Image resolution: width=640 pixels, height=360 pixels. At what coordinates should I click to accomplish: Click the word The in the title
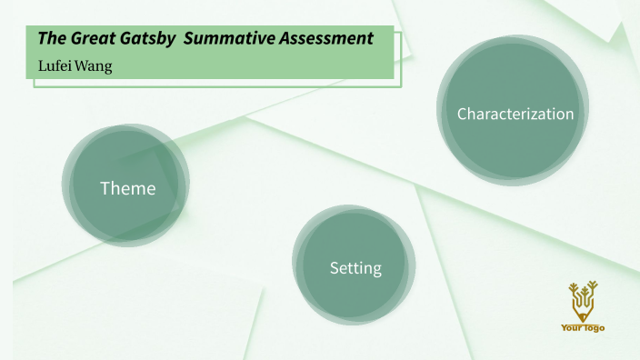tap(51, 39)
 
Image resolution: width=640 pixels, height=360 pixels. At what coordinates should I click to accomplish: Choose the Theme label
tap(127, 189)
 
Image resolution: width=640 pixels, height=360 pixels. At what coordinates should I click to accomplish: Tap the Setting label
tap(355, 268)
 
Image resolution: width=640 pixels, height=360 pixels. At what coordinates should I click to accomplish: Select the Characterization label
tap(515, 115)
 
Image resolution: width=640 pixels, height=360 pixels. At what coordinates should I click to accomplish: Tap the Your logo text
tap(583, 327)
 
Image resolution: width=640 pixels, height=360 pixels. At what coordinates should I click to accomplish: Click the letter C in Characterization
tap(462, 115)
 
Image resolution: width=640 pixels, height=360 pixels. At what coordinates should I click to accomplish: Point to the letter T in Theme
tap(105, 189)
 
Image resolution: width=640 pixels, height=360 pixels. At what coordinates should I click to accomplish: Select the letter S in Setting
tap(334, 268)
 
